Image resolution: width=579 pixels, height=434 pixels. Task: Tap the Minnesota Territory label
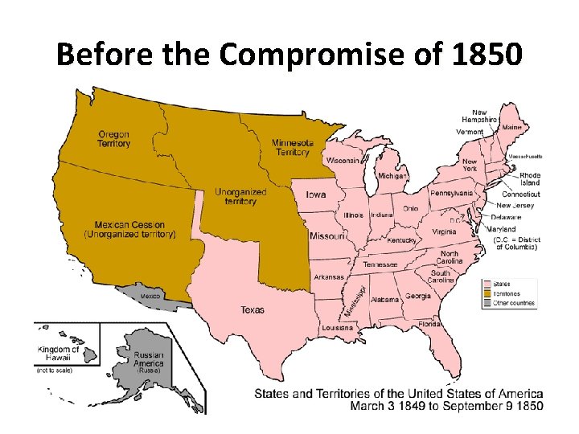(291, 147)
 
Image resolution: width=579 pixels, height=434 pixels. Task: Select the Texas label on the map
(252, 309)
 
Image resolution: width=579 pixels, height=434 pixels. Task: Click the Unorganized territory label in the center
(236, 197)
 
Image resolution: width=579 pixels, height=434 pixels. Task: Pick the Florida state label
(429, 324)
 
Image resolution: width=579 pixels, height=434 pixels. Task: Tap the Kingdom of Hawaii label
(58, 354)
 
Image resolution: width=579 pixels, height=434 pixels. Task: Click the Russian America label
(148, 359)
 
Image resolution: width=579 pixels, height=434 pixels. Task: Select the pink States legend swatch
(487, 283)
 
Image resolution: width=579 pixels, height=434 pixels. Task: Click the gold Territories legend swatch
(487, 293)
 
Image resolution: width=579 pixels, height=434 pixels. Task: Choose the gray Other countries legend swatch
(487, 303)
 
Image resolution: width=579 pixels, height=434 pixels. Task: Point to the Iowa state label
(315, 194)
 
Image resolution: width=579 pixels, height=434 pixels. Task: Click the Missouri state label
(328, 236)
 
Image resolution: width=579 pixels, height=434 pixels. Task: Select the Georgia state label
(417, 296)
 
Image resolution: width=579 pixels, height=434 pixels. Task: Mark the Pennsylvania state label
(451, 193)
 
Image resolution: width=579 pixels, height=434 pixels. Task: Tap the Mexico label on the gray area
(151, 297)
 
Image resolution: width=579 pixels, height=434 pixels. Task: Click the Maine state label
(511, 127)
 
